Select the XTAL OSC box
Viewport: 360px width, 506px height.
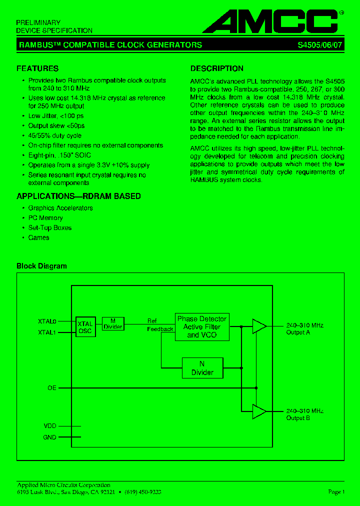coord(85,327)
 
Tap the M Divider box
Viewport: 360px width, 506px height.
coord(113,323)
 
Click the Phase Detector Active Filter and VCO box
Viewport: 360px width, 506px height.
coord(202,327)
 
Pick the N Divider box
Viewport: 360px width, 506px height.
coord(202,368)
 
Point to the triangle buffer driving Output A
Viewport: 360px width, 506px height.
coord(259,326)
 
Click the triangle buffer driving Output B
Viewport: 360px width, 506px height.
coord(259,411)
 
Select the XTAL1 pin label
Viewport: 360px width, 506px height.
coord(47,332)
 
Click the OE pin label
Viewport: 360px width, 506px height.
coord(52,387)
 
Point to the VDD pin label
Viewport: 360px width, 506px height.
coord(50,426)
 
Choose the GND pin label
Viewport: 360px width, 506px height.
coord(50,437)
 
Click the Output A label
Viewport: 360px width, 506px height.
coord(298,332)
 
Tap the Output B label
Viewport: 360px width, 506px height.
coord(298,418)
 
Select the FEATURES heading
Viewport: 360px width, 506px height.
coord(37,68)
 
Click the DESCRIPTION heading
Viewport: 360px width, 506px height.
coord(217,68)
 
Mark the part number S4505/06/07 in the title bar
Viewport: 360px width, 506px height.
coord(319,45)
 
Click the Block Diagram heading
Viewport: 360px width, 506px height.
coord(41,266)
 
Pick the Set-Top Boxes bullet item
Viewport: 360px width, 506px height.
coord(49,227)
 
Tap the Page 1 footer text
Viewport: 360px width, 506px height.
coord(336,492)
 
